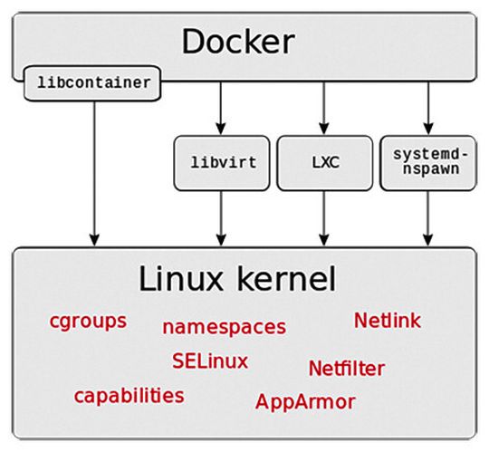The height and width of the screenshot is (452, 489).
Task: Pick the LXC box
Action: click(324, 164)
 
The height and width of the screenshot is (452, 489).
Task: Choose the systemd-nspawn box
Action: click(427, 162)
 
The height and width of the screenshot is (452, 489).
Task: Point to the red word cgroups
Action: click(88, 322)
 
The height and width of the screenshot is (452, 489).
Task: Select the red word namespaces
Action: click(224, 327)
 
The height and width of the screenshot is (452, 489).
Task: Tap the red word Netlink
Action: click(387, 321)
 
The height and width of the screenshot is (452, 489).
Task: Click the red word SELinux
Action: click(210, 361)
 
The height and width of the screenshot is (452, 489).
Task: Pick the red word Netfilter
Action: click(346, 369)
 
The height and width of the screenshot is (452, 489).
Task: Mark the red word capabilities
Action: click(129, 396)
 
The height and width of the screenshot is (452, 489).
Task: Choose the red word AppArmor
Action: click(305, 400)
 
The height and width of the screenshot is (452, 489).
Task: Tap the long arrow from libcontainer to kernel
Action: click(93, 172)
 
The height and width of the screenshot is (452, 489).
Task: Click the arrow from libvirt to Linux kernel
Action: click(220, 218)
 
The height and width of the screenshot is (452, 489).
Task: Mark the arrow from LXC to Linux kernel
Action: click(324, 218)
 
